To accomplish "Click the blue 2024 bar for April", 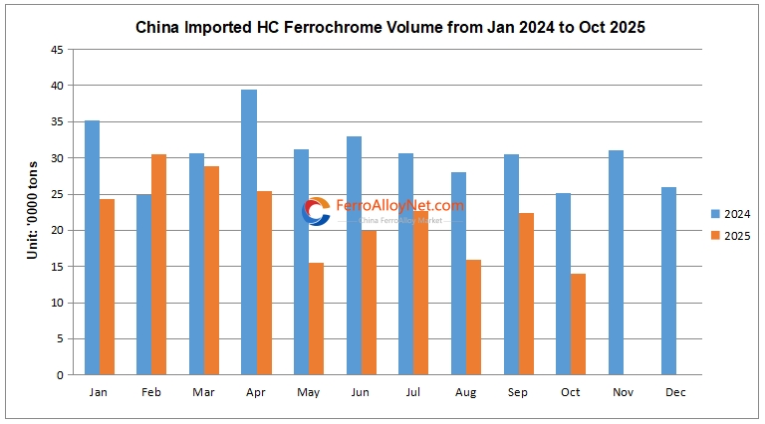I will tap(249, 232).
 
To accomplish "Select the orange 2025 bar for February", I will tap(159, 265).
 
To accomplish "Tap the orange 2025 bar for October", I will tap(578, 323).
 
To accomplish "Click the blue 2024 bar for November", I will tap(616, 263).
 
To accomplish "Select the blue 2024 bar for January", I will tap(92, 248).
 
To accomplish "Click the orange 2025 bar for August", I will tap(473, 317).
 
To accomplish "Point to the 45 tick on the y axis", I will tap(59, 50).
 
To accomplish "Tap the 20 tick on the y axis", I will tap(59, 231).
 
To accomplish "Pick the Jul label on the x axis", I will tap(413, 392).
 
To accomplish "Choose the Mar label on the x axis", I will tap(203, 392).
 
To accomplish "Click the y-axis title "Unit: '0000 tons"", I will tap(32, 211).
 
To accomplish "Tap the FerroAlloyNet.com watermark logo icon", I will tap(316, 211).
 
